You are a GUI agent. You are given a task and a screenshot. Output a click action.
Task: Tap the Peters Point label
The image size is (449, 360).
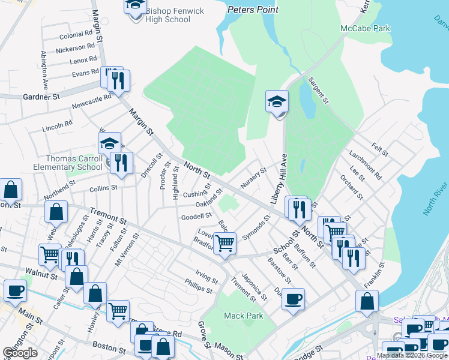tap(253, 10)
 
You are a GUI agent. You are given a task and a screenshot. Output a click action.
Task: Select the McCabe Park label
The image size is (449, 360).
tap(365, 28)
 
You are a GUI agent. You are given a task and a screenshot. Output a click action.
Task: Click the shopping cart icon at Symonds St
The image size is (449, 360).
tap(224, 244)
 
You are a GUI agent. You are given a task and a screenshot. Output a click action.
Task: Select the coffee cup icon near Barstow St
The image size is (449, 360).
tap(293, 299)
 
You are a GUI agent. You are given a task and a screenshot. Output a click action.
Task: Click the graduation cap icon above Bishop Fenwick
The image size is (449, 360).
tap(135, 6)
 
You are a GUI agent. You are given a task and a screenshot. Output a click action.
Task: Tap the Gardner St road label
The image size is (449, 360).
tap(42, 96)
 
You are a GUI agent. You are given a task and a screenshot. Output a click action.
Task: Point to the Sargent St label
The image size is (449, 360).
tap(318, 91)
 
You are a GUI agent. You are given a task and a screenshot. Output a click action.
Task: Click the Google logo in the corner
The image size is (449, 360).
tap(20, 353)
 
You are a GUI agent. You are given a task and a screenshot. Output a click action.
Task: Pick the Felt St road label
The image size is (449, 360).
tap(380, 147)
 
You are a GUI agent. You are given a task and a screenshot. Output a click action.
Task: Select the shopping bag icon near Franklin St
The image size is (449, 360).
tap(367, 302)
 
